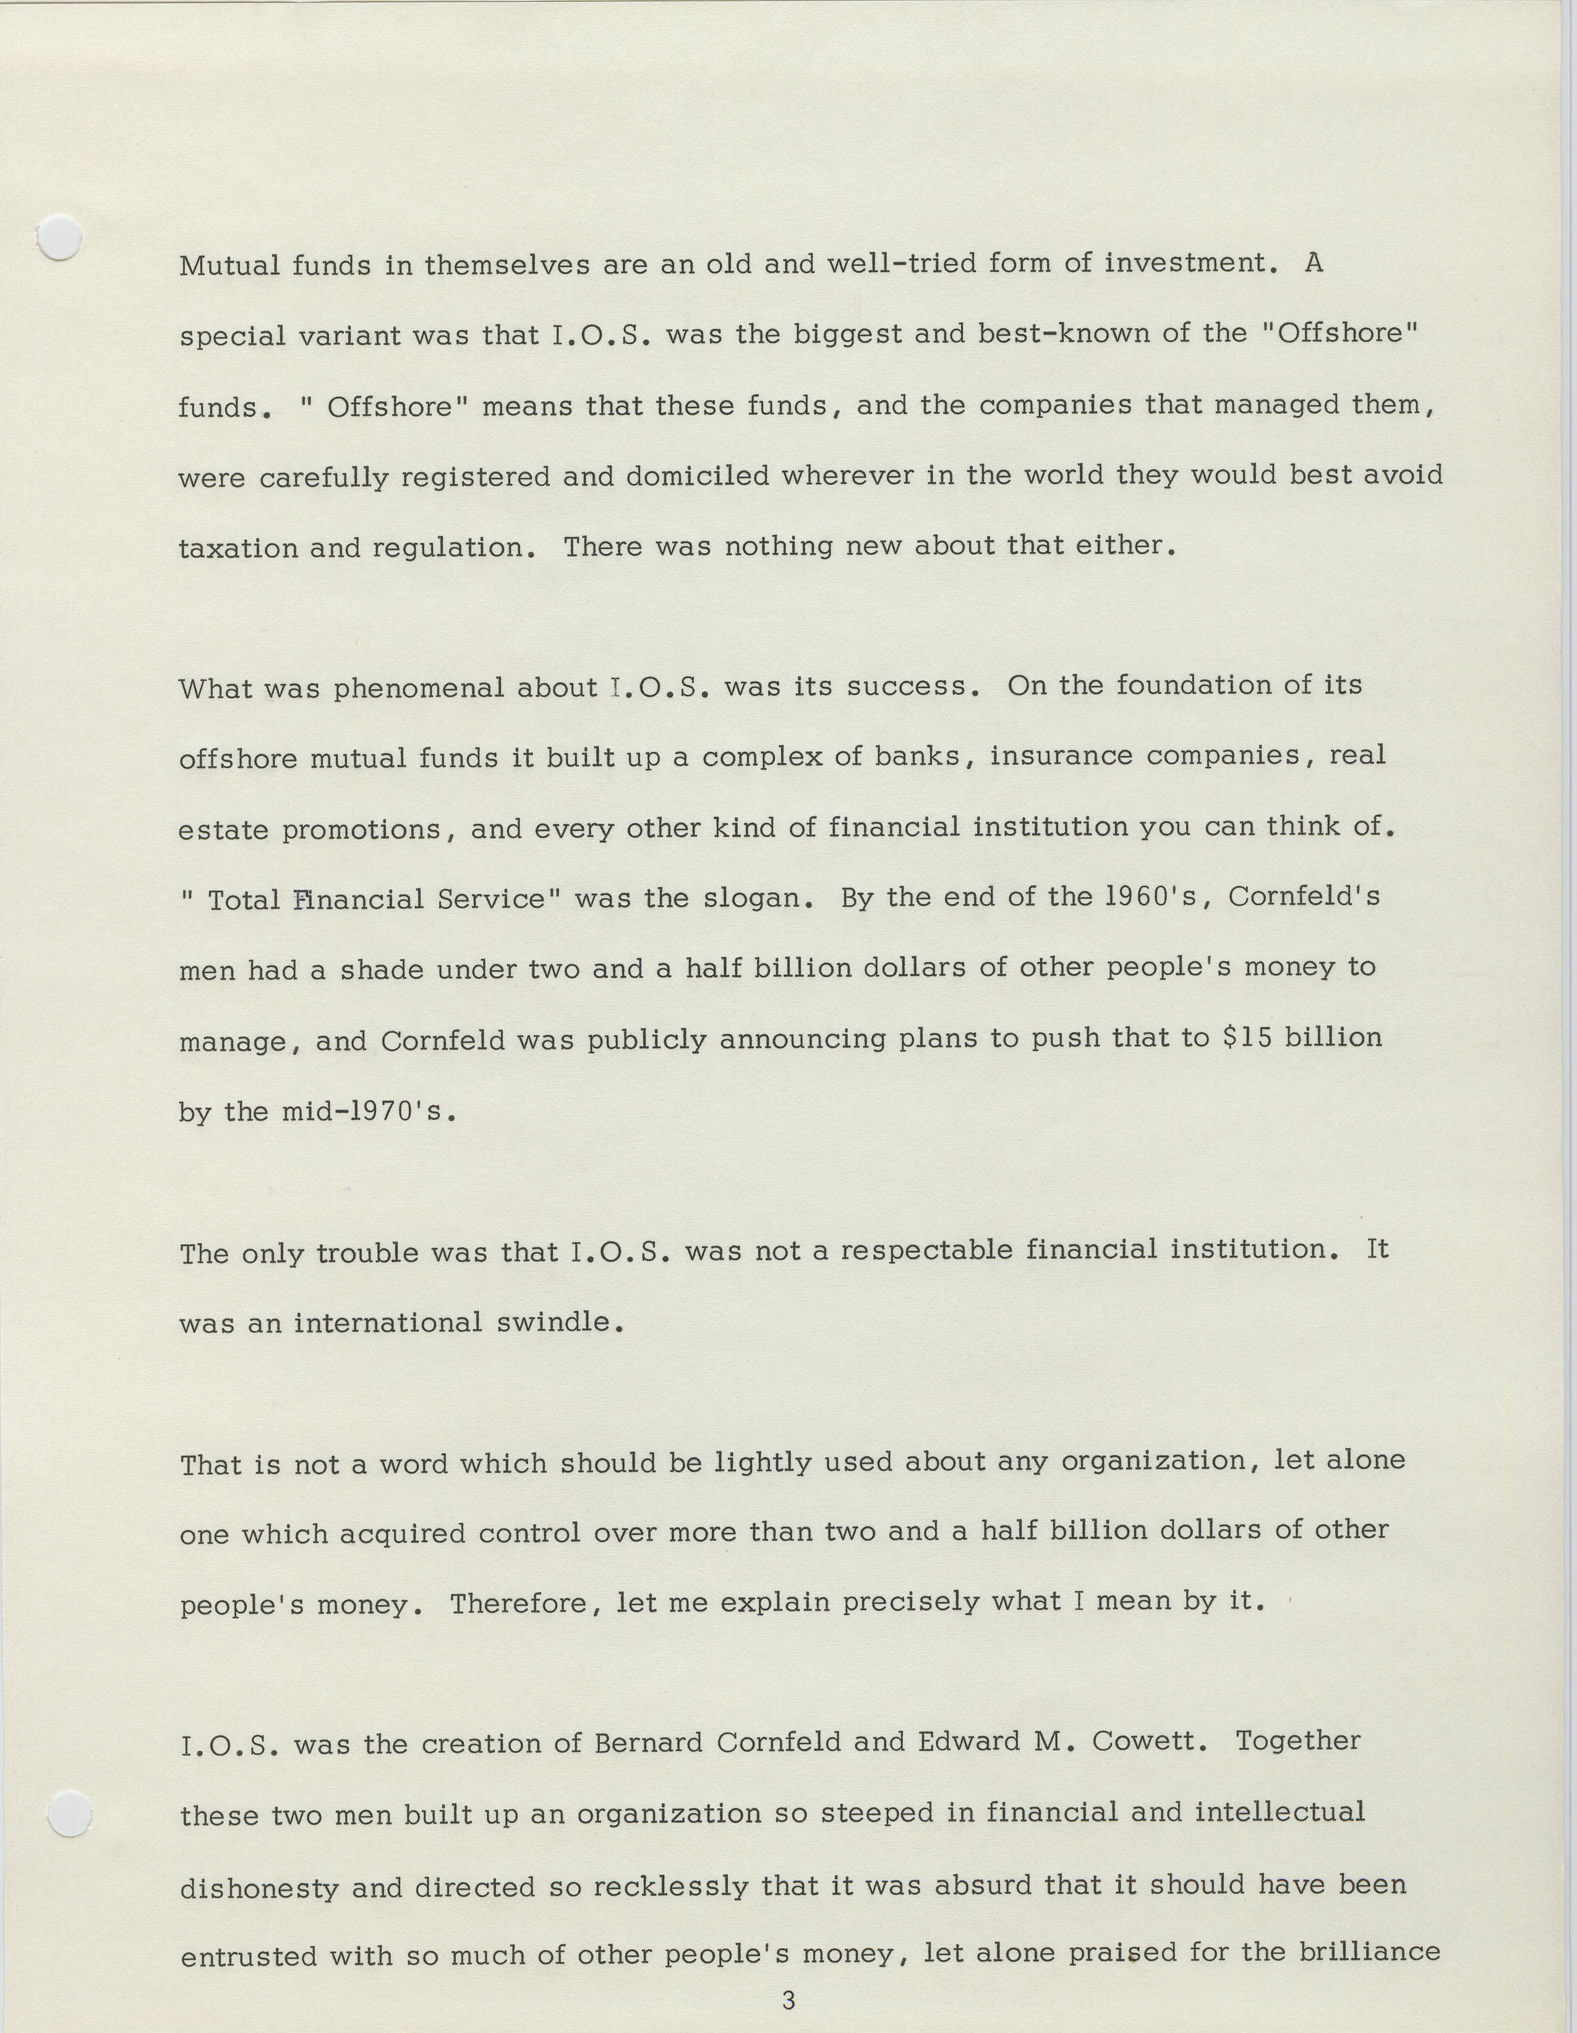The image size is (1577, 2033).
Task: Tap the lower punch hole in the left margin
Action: coord(69,1814)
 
